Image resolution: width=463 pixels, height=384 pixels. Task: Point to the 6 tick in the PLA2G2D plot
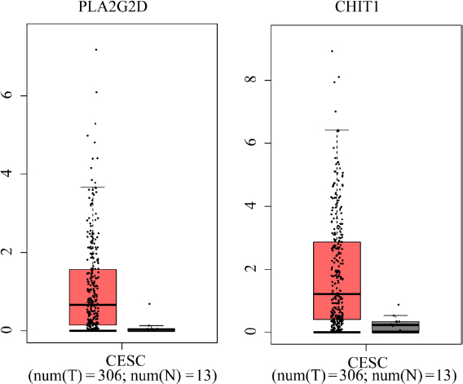pyautogui.click(x=9, y=95)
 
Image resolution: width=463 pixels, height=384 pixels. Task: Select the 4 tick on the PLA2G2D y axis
pyautogui.click(x=9, y=174)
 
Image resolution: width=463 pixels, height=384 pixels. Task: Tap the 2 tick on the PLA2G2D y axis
pyautogui.click(x=9, y=252)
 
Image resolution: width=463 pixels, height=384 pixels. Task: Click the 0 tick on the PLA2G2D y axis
pyautogui.click(x=9, y=330)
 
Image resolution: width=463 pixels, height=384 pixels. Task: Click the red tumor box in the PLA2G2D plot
pyautogui.click(x=92, y=298)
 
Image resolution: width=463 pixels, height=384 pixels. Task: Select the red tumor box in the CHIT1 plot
pyautogui.click(x=337, y=277)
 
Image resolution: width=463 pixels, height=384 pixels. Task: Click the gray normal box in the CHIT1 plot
pyautogui.click(x=395, y=327)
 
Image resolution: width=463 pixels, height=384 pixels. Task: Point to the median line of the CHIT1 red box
pyautogui.click(x=337, y=294)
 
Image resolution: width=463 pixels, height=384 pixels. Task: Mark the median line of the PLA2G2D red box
pyautogui.click(x=92, y=304)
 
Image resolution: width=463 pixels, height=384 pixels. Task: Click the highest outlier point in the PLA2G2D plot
pyautogui.click(x=95, y=50)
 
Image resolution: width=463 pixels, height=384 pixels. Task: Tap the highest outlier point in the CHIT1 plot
pyautogui.click(x=332, y=51)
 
